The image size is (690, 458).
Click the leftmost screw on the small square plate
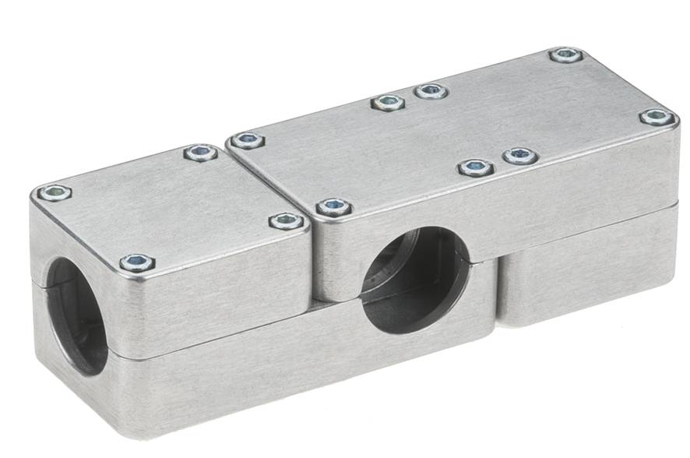55,192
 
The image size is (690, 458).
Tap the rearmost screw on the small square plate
201,153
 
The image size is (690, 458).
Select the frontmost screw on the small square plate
137,263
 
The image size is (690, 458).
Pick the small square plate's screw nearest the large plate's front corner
287,222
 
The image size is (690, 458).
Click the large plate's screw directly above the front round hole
334,207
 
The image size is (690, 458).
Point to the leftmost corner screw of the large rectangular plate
247,141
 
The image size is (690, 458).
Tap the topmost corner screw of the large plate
565,55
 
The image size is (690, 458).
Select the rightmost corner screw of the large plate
657,117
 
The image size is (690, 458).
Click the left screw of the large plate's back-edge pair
388,102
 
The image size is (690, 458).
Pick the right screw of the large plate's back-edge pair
431,91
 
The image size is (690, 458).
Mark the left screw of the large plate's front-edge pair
476,167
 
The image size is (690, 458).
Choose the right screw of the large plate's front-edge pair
520,156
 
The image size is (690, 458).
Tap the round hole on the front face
416,281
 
